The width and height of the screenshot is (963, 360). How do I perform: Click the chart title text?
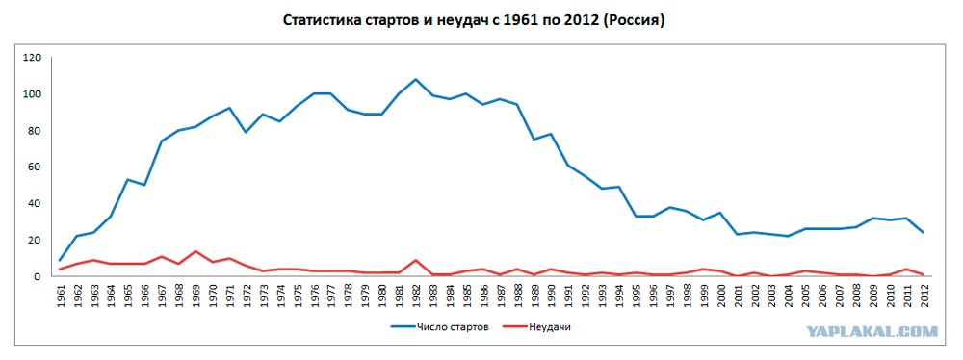tap(474, 20)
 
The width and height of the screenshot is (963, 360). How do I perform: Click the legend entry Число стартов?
tap(440, 327)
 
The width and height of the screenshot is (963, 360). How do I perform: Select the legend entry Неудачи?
tap(536, 327)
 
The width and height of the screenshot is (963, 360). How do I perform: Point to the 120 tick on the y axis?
tap(32, 57)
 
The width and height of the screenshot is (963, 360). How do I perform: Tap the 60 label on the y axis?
tap(35, 167)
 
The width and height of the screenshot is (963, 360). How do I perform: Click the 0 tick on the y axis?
tap(39, 276)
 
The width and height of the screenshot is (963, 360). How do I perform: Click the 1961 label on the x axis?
tap(60, 296)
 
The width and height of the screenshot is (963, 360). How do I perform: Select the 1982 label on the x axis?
tap(415, 296)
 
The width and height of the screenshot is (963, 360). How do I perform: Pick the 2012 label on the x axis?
tap(923, 296)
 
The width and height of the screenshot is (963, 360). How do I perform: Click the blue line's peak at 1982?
tap(415, 79)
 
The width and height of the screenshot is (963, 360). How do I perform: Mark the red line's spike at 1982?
tap(415, 260)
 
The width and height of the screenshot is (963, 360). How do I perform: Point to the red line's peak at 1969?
tap(195, 251)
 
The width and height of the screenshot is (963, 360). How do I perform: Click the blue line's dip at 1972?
tap(247, 132)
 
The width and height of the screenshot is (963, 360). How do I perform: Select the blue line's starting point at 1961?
tap(60, 260)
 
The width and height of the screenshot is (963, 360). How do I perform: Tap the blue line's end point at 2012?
tap(923, 232)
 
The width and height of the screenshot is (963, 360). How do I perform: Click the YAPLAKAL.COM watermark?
tap(872, 332)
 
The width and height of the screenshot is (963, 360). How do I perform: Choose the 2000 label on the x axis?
tap(719, 296)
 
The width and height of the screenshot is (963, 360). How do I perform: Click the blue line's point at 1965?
tap(128, 179)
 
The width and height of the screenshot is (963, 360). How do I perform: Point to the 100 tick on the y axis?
tap(32, 94)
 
